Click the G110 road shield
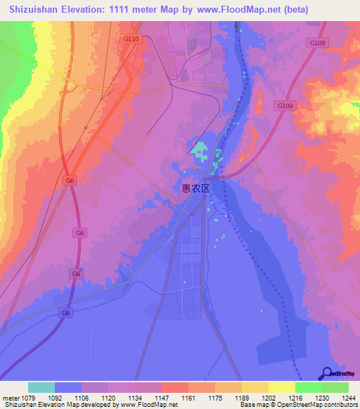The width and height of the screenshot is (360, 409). click(131, 39)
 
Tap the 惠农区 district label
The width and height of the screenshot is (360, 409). click(196, 188)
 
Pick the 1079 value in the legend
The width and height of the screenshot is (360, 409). click(28, 398)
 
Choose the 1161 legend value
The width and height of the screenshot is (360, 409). click(188, 398)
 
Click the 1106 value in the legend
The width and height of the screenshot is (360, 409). click(82, 398)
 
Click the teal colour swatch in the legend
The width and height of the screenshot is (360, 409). click(41, 387)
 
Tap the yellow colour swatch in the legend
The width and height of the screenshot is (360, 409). click(281, 387)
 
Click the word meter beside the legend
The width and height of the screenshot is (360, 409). click(11, 398)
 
